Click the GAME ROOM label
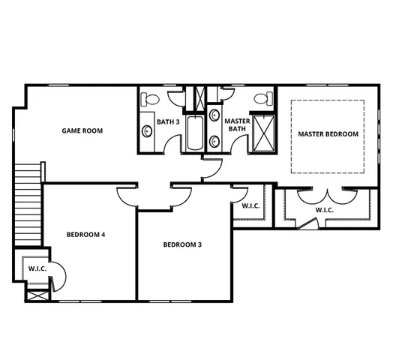(x=82, y=130)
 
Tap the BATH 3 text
(x=166, y=121)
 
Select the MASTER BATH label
(x=237, y=124)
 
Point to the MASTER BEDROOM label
(x=328, y=134)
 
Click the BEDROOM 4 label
(x=85, y=235)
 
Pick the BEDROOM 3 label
(x=182, y=244)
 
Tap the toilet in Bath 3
(x=150, y=98)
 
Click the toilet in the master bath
(x=262, y=98)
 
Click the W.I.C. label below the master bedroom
(x=324, y=210)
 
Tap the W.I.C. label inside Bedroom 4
(x=37, y=268)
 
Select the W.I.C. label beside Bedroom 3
(x=250, y=205)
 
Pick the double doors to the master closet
(x=324, y=193)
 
